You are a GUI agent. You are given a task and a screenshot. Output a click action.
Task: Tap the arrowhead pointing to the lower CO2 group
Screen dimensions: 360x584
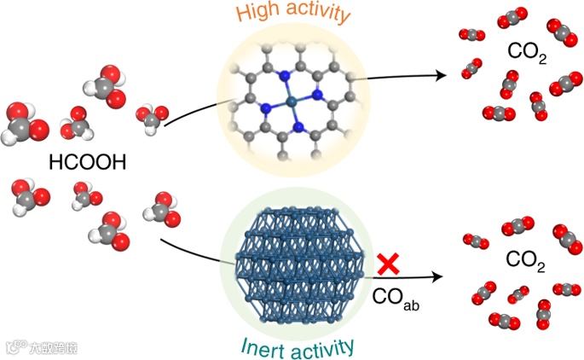coord(441,276)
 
